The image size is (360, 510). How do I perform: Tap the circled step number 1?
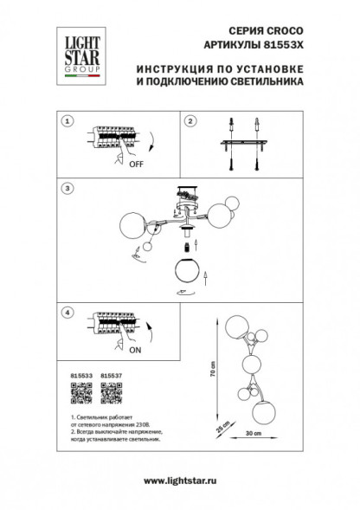pos(69,121)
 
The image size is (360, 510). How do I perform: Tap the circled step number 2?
pos(191,120)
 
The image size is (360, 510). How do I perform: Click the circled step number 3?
pos(69,188)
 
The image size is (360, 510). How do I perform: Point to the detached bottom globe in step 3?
pos(186,269)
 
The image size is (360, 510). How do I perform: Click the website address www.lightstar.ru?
pos(180,482)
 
